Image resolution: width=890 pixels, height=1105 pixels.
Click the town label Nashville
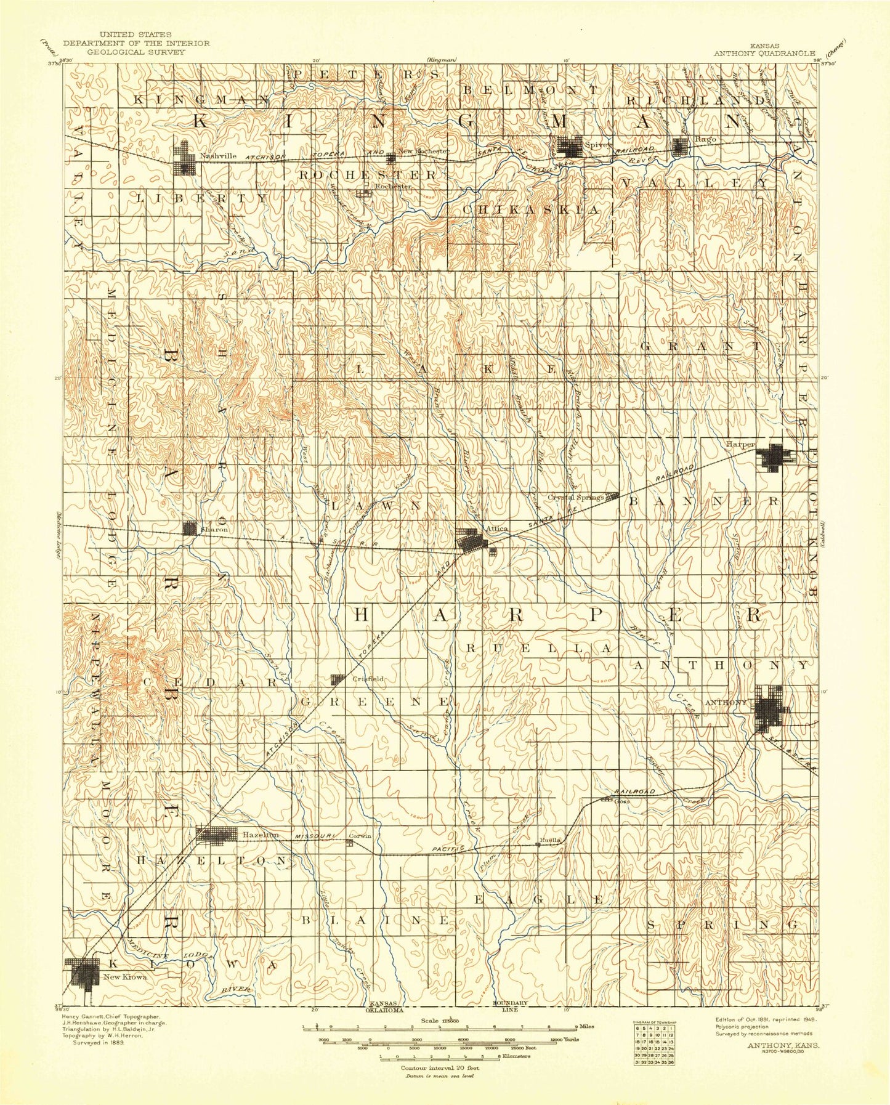point(218,156)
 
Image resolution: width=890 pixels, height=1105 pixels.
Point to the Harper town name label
point(740,444)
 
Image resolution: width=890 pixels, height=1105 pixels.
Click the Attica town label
point(496,528)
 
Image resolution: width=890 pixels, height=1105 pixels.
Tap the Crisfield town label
point(368,679)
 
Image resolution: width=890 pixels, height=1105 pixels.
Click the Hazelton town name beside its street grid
point(260,835)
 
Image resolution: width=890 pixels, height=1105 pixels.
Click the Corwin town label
point(360,836)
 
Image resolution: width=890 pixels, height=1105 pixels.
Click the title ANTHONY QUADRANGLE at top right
point(764,54)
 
